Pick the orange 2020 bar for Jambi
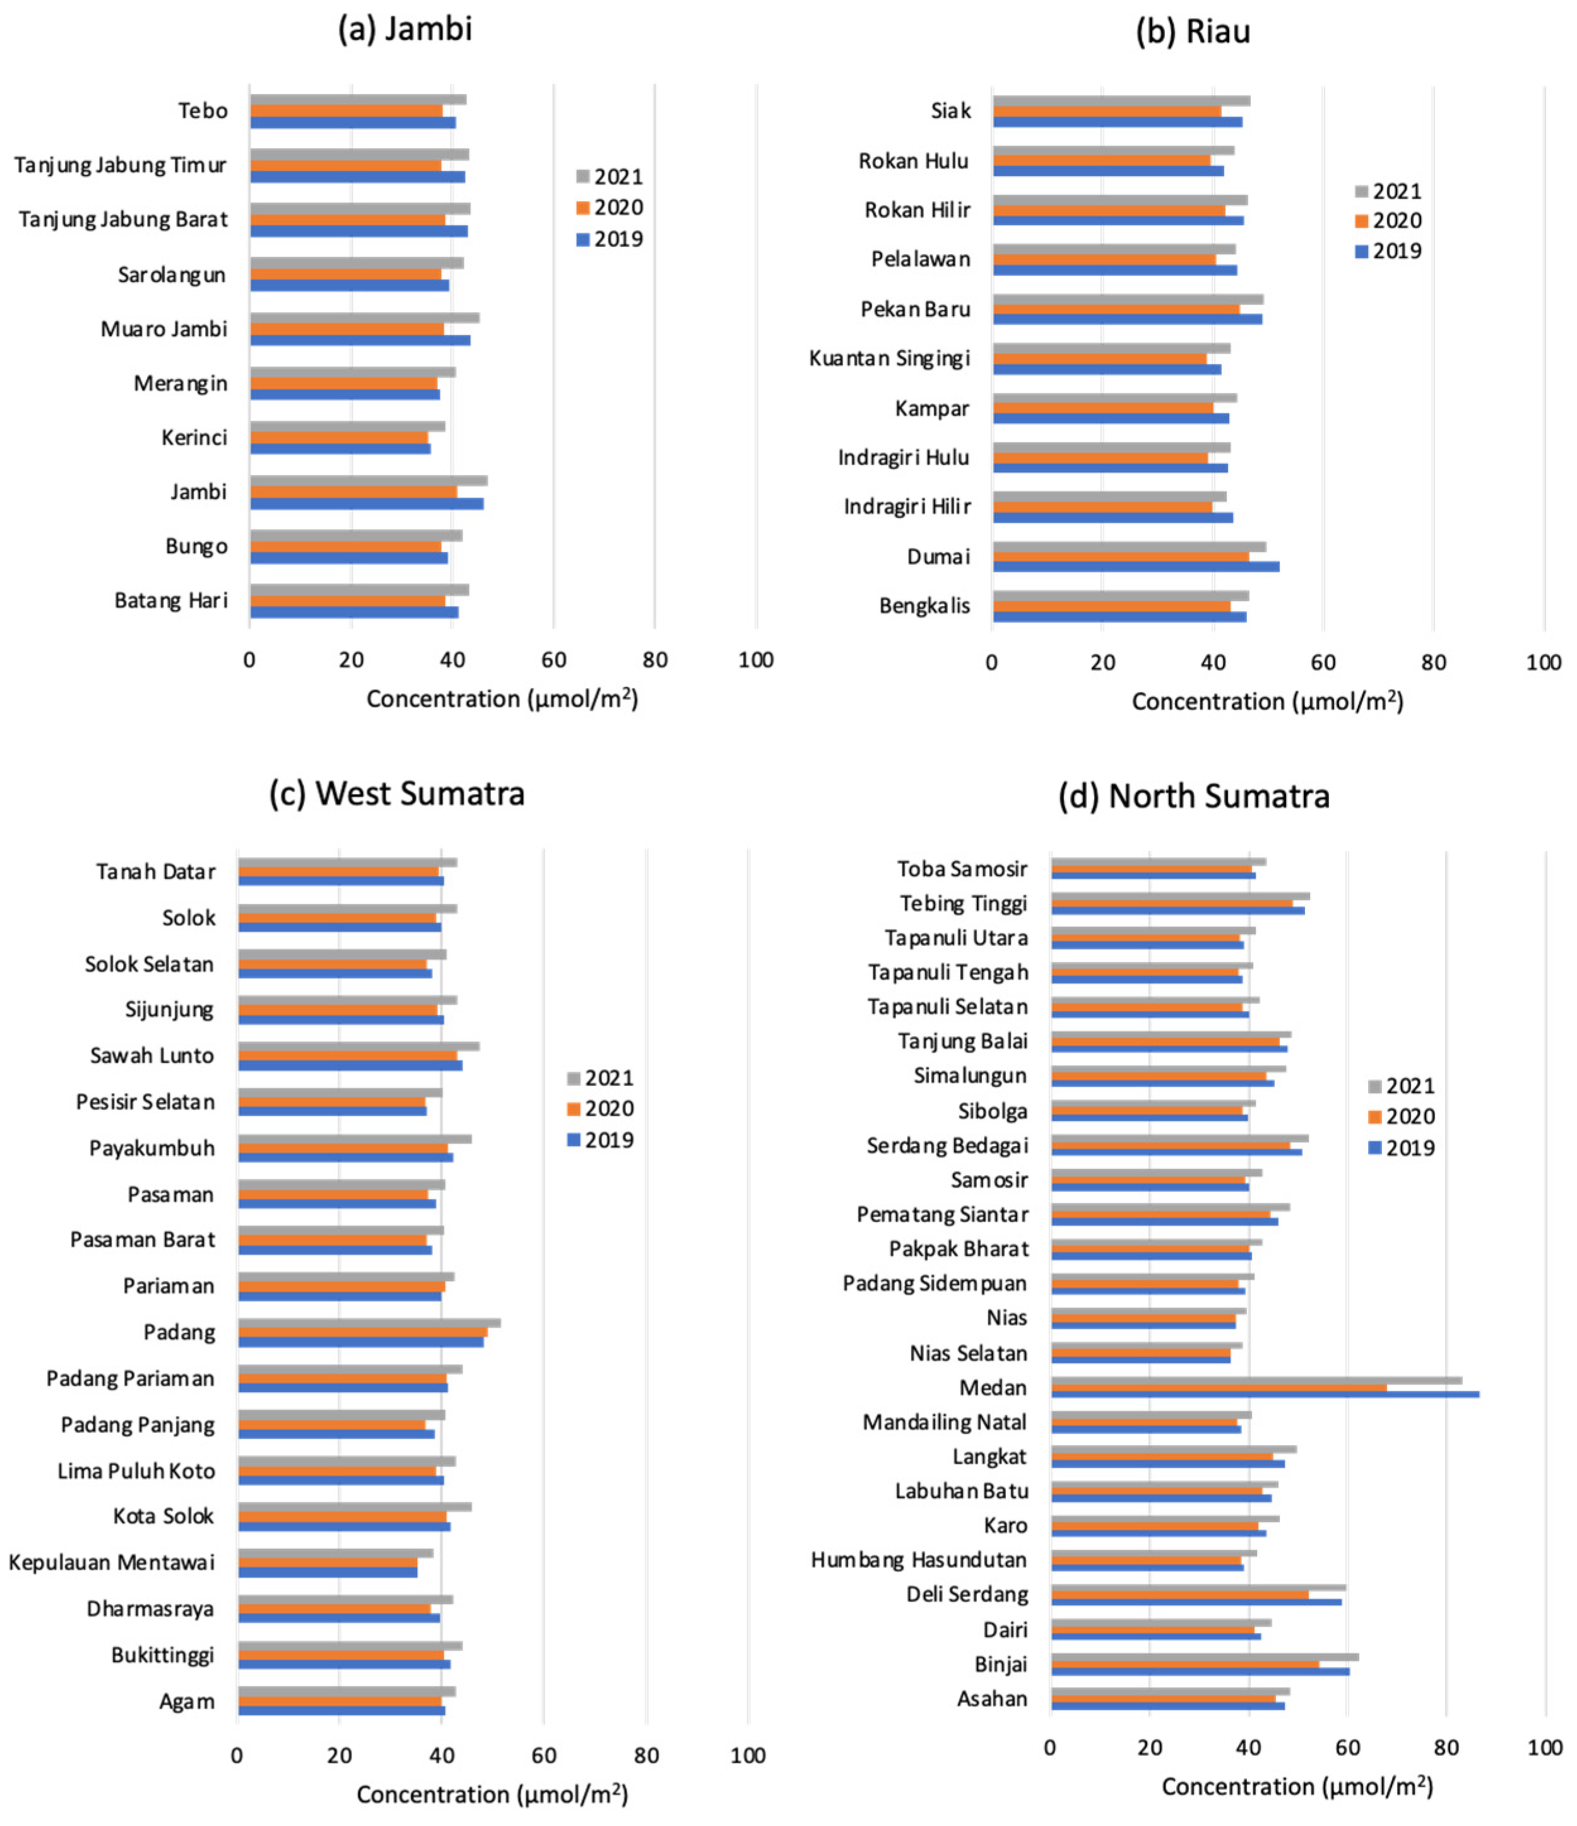(353, 492)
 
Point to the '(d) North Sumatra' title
(1193, 796)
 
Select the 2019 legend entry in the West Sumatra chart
(599, 1140)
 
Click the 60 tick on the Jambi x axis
(553, 660)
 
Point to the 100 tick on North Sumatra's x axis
(1544, 1748)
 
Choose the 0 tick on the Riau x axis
(993, 663)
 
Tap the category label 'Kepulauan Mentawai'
(111, 1562)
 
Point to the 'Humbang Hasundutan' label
(919, 1560)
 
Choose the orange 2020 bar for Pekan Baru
(1116, 309)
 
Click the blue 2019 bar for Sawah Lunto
(350, 1065)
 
